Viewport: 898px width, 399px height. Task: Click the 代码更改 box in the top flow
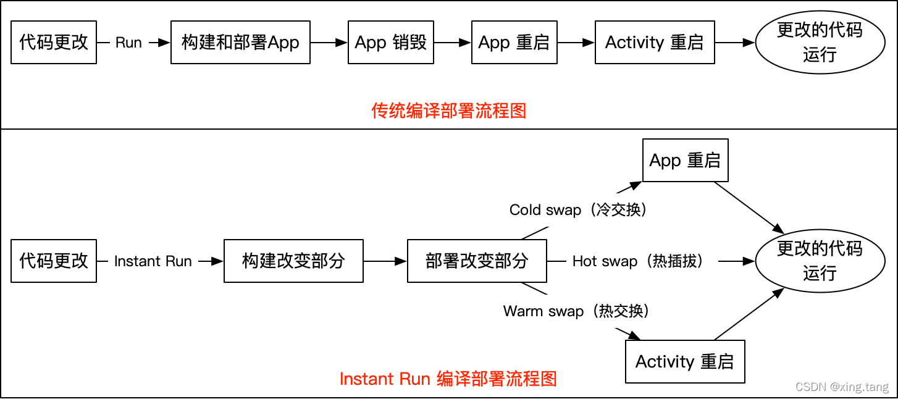pos(54,43)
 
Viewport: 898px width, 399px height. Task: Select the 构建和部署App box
pos(240,43)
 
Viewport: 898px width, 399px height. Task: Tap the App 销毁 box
pos(391,43)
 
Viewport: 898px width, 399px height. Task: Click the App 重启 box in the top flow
pos(514,43)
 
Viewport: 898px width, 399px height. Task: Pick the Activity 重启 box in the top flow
pos(655,43)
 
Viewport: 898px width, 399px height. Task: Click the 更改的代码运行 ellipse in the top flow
pos(819,42)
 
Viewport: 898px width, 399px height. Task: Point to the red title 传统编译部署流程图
pos(449,111)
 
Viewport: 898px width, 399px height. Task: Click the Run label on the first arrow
pos(128,43)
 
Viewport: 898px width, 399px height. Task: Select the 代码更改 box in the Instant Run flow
pos(54,261)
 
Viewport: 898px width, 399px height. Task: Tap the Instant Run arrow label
pos(153,261)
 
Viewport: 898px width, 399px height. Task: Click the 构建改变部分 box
pos(293,261)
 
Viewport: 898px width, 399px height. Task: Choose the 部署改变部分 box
pos(477,261)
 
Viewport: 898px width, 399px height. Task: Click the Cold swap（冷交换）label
pos(578,210)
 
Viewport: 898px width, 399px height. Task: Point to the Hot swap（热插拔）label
pos(638,261)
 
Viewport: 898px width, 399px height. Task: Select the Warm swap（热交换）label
pos(576,311)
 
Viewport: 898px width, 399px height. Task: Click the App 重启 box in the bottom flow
pos(685,161)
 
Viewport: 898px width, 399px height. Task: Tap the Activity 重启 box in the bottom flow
pos(685,361)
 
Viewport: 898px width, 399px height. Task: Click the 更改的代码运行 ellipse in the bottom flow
pos(819,261)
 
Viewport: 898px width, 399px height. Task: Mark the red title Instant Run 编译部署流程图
pos(448,378)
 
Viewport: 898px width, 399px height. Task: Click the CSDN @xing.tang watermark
pos(842,387)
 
